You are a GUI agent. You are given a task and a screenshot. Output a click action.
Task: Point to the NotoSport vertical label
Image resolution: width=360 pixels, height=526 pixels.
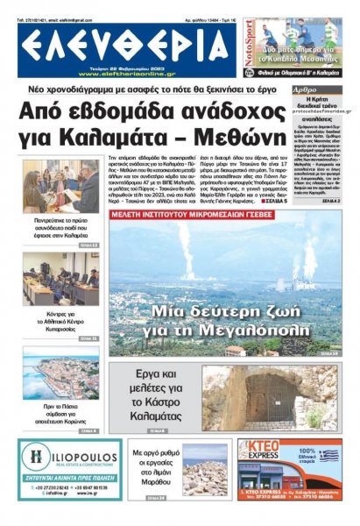(248, 50)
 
